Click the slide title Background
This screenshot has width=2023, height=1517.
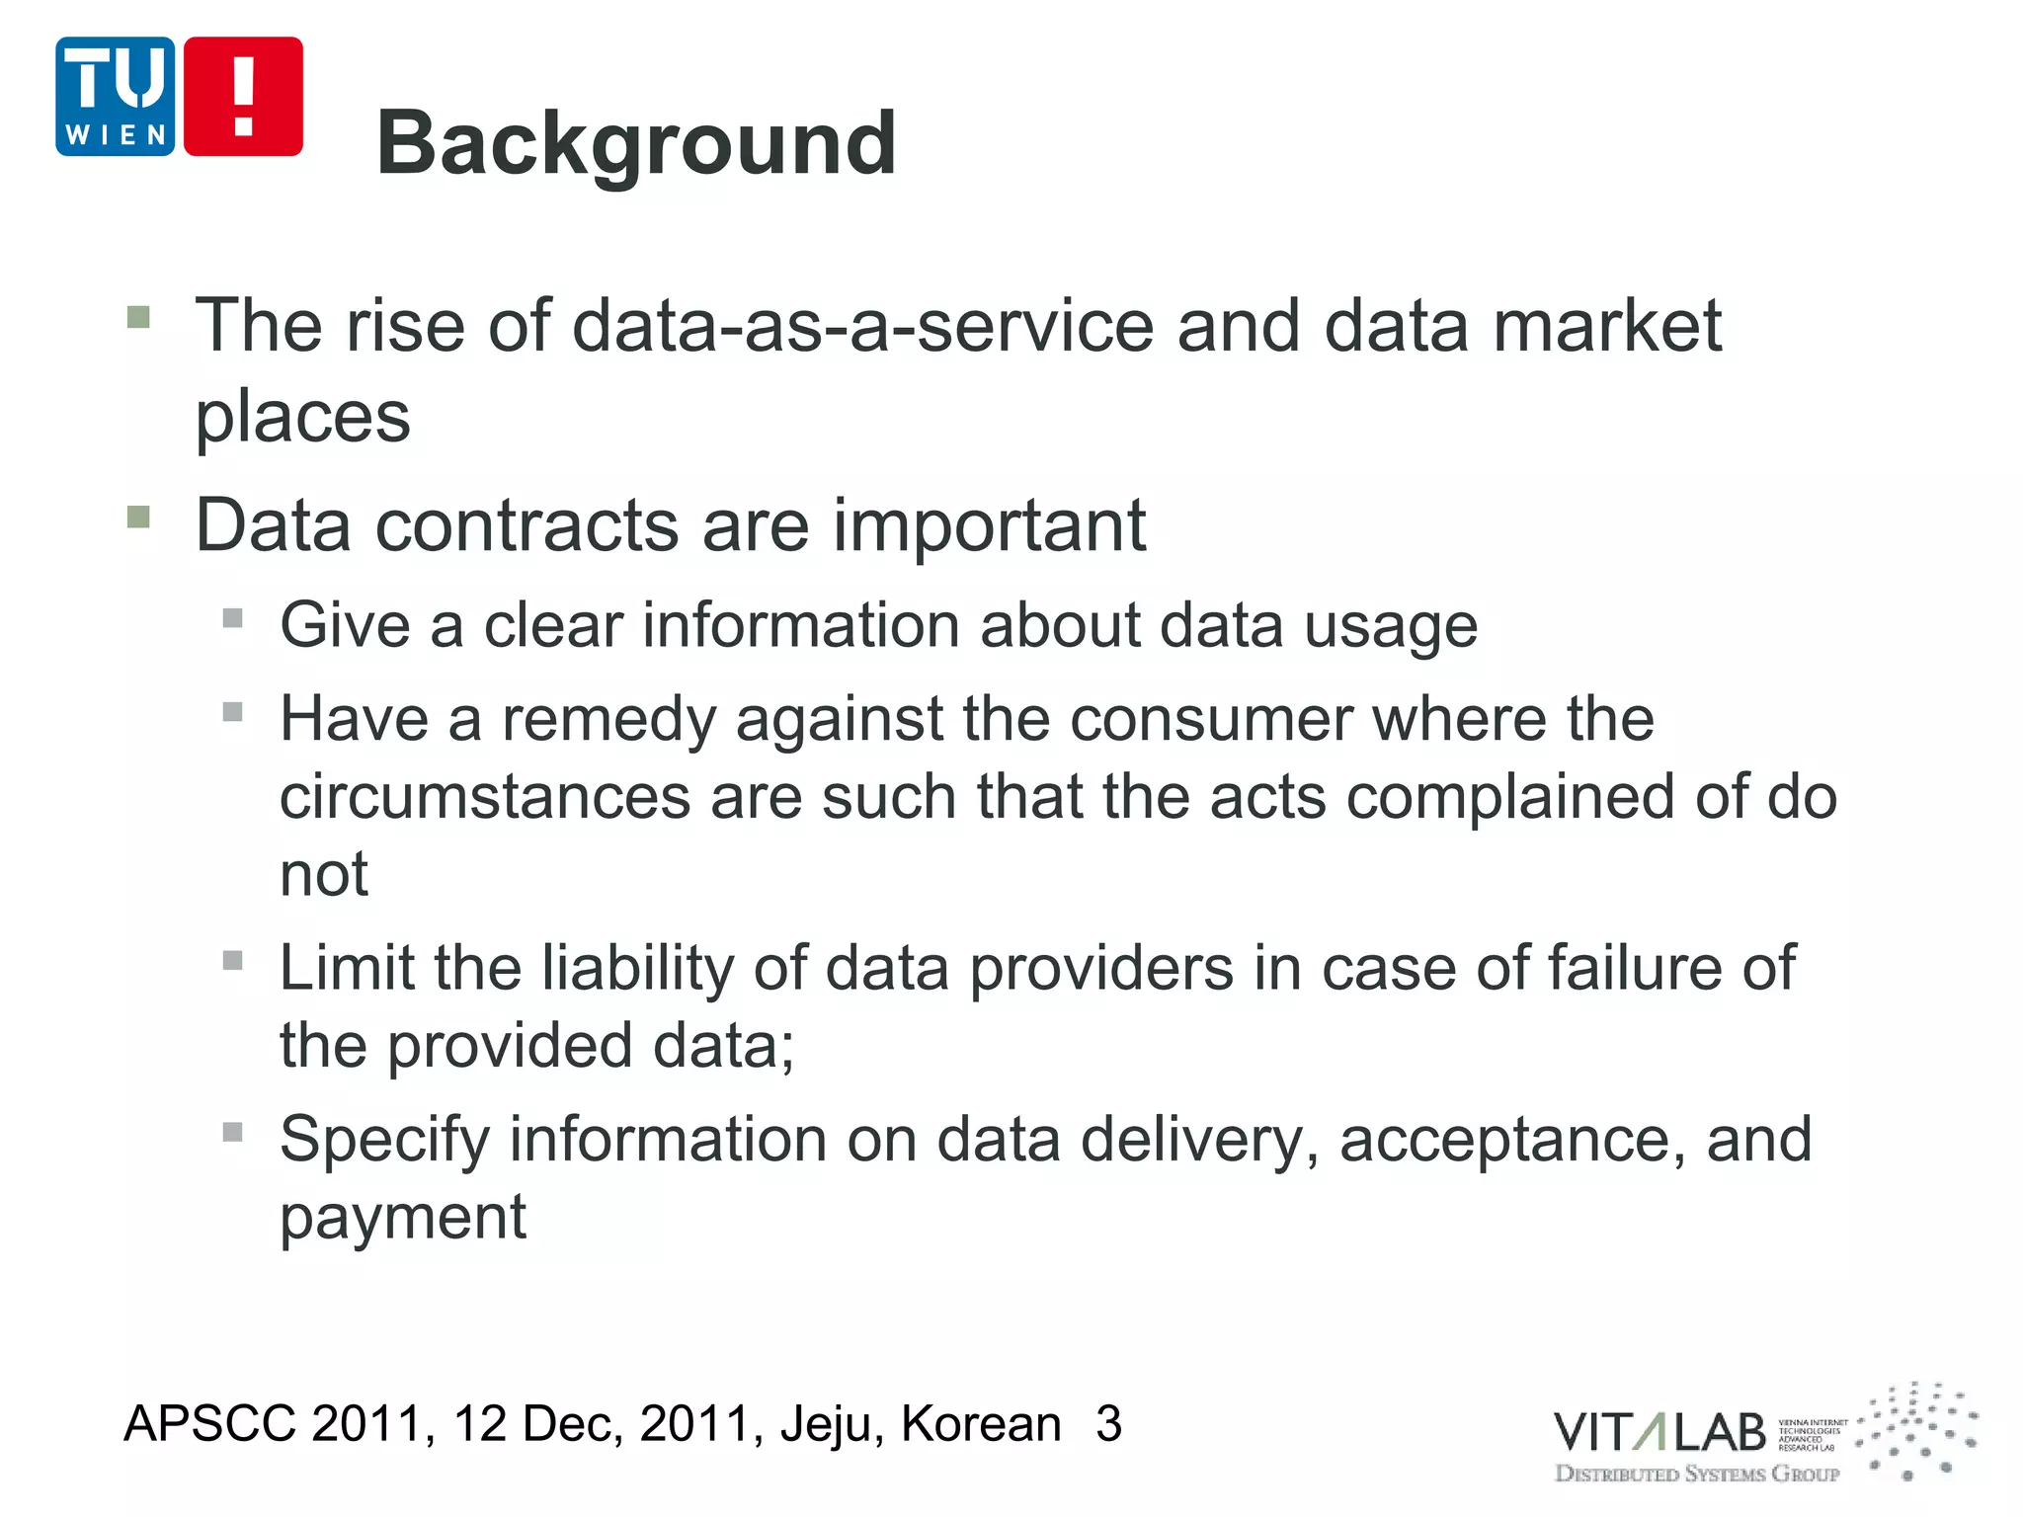pos(636,144)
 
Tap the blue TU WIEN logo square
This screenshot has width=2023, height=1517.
pos(115,97)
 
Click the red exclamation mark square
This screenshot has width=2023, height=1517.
pos(243,97)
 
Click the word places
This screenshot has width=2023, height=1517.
pos(302,417)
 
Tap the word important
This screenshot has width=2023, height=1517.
pos(989,527)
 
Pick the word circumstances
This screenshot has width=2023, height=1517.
pos(485,797)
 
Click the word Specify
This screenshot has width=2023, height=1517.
pos(383,1141)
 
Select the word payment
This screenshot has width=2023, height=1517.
pos(403,1218)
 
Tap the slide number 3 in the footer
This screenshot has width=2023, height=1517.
pos(1108,1424)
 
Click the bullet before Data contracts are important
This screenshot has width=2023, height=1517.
pos(138,517)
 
